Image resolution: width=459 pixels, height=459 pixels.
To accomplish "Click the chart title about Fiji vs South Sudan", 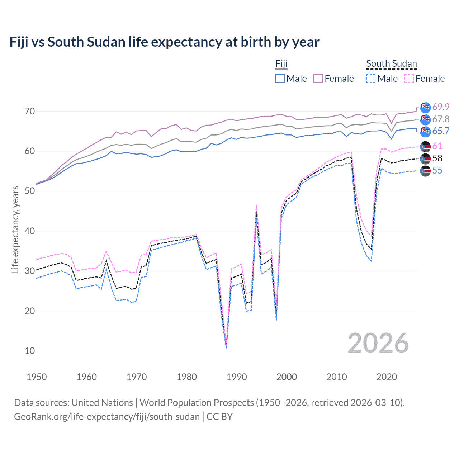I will (x=164, y=42).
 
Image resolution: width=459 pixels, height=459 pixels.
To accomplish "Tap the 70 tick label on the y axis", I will (x=30, y=111).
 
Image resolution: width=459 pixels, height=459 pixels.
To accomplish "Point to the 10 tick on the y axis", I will (x=30, y=351).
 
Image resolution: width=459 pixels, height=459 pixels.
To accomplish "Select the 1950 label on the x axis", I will (x=37, y=377).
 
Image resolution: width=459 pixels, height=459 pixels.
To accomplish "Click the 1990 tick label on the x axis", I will (x=237, y=377).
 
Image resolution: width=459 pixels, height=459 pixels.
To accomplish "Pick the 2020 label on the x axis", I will (x=387, y=377).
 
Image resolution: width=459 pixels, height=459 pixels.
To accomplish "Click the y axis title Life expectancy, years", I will (x=15, y=230).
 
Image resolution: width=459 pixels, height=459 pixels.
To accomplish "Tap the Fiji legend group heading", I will (x=281, y=64).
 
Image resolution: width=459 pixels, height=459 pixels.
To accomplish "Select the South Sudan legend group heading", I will (x=391, y=64).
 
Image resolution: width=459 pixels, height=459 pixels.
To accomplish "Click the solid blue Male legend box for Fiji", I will (x=280, y=79).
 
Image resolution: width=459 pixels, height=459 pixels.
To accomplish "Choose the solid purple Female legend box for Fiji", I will (x=318, y=79).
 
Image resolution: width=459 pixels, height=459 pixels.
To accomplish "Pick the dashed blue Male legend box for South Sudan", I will (x=371, y=79).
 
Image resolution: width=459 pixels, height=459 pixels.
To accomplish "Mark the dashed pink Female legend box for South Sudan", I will (x=409, y=79).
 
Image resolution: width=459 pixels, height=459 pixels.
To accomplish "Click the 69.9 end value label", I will (x=441, y=107).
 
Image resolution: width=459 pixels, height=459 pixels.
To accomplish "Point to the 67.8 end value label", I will (x=441, y=119).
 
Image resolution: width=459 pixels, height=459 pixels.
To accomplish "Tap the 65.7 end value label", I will (x=441, y=131).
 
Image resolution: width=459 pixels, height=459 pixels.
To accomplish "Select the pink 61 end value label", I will (x=437, y=146).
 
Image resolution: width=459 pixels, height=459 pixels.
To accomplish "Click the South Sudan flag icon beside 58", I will (x=425, y=158).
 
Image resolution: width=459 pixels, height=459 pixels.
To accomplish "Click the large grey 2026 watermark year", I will (x=378, y=343).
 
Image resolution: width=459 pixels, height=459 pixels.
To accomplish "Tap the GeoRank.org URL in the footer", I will (x=107, y=417).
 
